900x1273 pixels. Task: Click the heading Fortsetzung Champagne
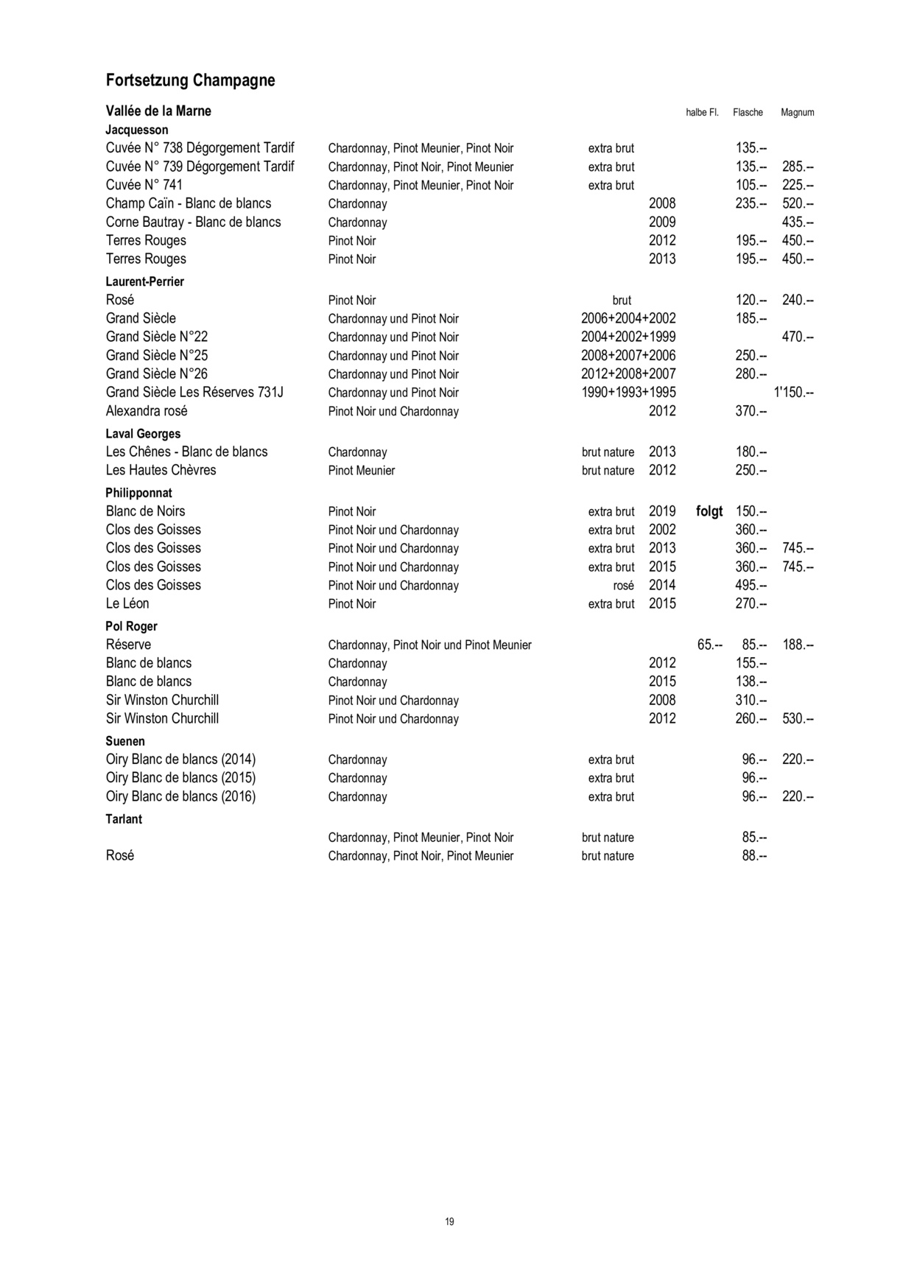tap(190, 80)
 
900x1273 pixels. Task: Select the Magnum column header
tap(797, 113)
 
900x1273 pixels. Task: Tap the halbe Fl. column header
tap(701, 113)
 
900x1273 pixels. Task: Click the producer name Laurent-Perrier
tap(144, 281)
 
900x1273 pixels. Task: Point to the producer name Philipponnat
tap(138, 493)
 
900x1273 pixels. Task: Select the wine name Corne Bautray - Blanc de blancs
tap(193, 222)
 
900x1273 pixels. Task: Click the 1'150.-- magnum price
tap(793, 393)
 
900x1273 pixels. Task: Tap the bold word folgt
tap(709, 511)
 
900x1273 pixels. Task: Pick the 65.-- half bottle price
tap(710, 645)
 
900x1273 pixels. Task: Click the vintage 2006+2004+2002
tap(627, 318)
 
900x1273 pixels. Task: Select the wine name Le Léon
tap(127, 603)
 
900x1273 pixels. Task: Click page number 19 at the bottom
tap(449, 1221)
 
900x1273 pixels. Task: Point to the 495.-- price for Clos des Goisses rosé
tap(750, 585)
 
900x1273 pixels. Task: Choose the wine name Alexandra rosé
tap(147, 410)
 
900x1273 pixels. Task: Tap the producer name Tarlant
tap(124, 819)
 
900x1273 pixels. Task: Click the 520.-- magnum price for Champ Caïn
tap(797, 203)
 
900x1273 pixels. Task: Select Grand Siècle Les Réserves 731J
tap(194, 392)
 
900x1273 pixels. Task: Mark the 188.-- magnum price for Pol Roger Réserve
tap(797, 645)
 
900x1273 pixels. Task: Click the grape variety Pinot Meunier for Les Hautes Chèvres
tap(362, 471)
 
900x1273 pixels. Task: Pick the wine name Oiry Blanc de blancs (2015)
tap(180, 778)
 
